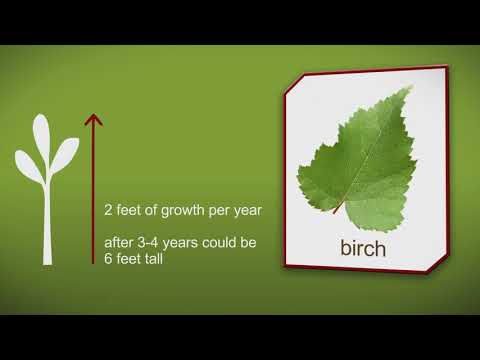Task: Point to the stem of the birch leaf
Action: click(339, 207)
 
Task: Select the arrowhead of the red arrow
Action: click(93, 120)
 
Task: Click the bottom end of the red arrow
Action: click(93, 263)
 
